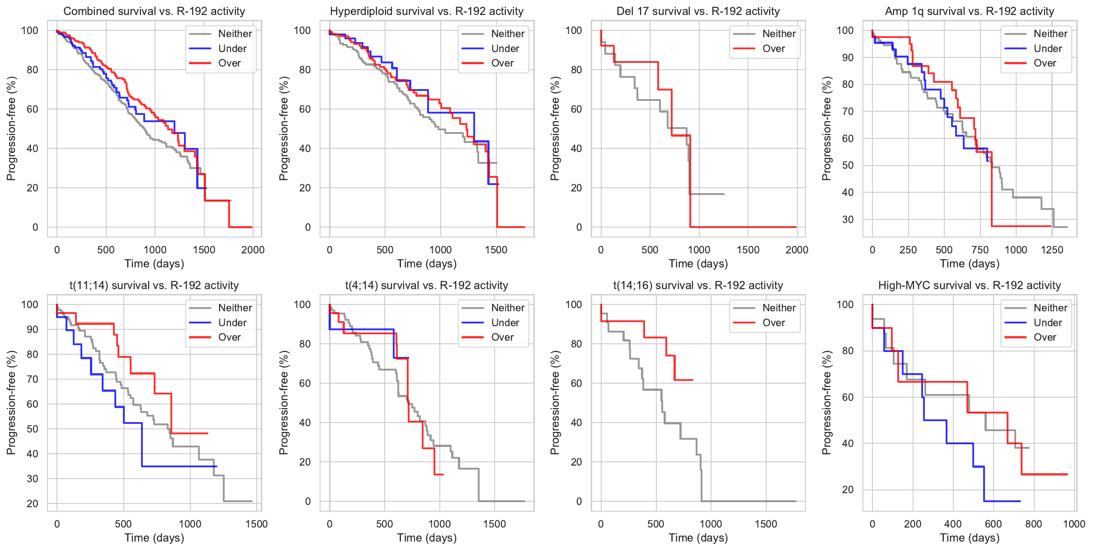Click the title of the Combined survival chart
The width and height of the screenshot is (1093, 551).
[154, 11]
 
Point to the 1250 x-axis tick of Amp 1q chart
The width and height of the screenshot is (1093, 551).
[1052, 250]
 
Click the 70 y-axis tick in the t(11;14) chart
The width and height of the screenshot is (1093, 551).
[33, 379]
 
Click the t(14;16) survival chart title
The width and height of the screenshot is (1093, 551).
[698, 285]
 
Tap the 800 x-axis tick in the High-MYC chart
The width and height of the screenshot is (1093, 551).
[1033, 524]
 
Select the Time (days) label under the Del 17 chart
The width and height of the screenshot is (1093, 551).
[698, 264]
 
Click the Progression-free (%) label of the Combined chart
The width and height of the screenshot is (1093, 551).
[11, 128]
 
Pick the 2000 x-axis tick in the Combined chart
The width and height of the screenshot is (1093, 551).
[253, 250]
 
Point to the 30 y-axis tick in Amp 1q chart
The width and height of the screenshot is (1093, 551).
[848, 219]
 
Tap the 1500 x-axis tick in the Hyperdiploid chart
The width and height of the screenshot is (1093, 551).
[496, 250]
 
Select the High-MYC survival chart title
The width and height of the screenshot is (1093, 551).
[969, 285]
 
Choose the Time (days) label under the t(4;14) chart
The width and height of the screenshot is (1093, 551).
[427, 538]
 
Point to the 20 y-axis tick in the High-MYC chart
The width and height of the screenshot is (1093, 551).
[848, 489]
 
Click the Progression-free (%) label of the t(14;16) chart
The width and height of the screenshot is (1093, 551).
[555, 403]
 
